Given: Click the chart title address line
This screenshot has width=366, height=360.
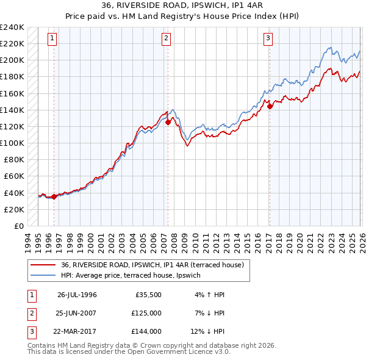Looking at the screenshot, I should click(x=183, y=7).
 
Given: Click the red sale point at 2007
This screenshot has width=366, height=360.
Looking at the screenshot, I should click(x=168, y=122).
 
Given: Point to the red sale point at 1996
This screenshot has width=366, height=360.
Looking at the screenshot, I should click(x=54, y=196).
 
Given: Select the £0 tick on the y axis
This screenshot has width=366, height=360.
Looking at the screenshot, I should click(x=18, y=226).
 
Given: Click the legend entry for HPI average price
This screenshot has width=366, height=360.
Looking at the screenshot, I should click(x=135, y=275).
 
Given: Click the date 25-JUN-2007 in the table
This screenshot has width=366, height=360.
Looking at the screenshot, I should click(x=77, y=313).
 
